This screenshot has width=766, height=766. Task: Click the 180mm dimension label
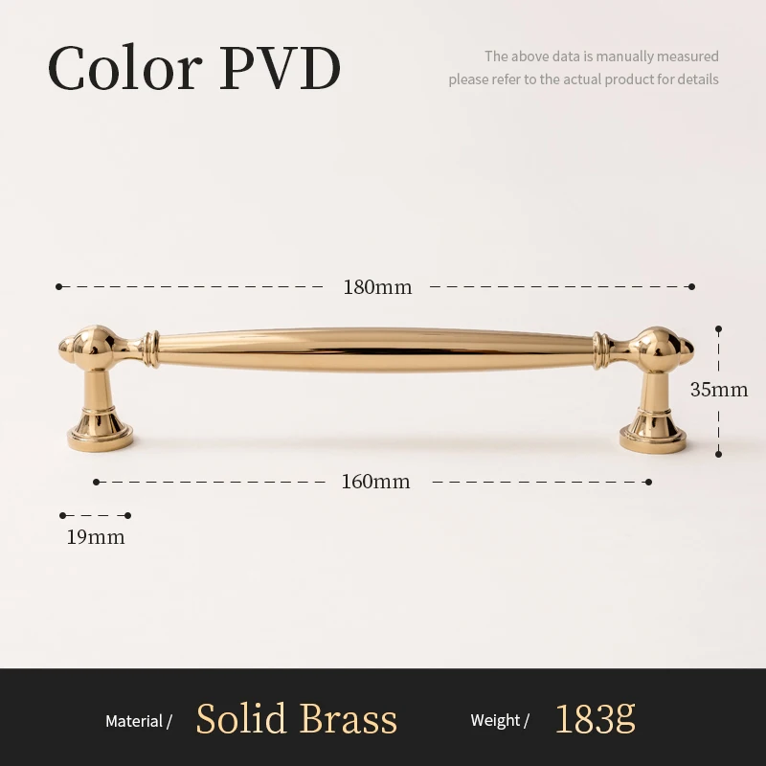tap(377, 287)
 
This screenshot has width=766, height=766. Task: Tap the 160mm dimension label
tap(375, 482)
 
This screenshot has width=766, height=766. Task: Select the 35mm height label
tap(719, 390)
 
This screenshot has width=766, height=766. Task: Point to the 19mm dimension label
tap(96, 537)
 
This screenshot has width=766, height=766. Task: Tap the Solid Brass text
tap(296, 719)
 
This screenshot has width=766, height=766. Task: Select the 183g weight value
tap(595, 719)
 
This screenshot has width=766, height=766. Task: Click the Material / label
tap(139, 721)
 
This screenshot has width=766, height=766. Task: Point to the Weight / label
tap(500, 721)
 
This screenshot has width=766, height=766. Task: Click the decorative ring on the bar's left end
tap(149, 350)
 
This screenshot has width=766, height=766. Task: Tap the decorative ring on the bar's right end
tap(600, 351)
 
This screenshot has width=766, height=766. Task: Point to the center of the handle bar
tap(375, 346)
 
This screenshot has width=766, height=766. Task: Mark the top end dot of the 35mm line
tap(718, 327)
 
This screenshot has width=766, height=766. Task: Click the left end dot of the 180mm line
tap(59, 286)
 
